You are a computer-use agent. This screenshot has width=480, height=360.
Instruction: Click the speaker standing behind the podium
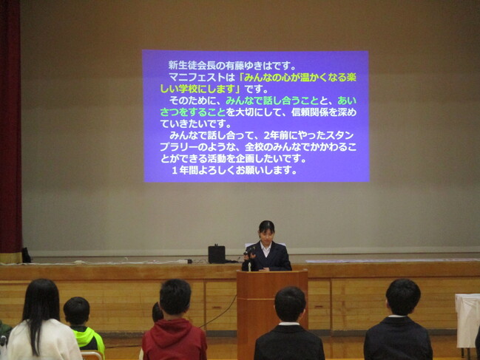266,248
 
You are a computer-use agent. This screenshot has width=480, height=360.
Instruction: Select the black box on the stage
216,254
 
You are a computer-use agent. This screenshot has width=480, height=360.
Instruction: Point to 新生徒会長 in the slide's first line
191,64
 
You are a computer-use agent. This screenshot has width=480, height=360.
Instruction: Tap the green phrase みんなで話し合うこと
271,101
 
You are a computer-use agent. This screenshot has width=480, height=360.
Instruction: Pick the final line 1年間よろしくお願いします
234,170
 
